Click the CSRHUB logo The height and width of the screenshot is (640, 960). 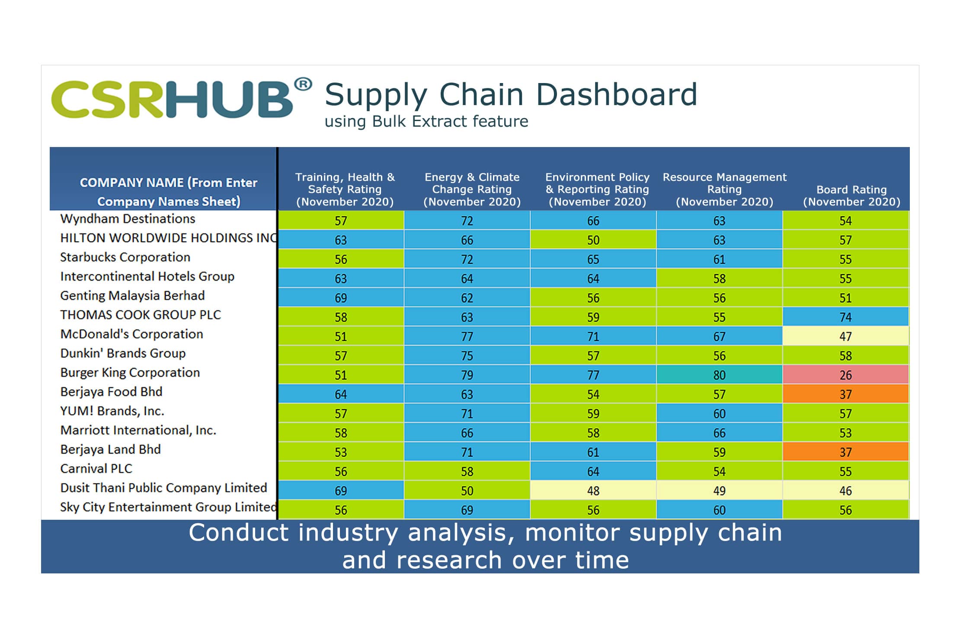point(172,99)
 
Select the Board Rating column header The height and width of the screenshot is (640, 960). point(851,195)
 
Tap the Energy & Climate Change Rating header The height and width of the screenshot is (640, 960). point(472,189)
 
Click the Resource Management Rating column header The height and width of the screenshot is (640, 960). point(724,189)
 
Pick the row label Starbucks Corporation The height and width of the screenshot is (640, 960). point(125,257)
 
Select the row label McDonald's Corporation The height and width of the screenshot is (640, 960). point(131,334)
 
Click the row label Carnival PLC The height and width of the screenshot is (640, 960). point(96,469)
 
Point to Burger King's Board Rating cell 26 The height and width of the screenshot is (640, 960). point(845,375)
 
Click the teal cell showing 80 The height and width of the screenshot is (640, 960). point(719,375)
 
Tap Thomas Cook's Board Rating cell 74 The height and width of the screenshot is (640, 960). point(845,317)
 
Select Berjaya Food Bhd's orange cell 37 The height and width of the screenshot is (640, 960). point(845,394)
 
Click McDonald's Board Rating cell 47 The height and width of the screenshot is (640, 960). point(845,336)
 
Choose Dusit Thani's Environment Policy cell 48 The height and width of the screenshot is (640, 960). point(593,491)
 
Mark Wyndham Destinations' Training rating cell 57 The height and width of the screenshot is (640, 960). point(341,221)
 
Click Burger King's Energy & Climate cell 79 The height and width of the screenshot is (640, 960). point(467,375)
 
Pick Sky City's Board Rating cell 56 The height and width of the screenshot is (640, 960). point(845,510)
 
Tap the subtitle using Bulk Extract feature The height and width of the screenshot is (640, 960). point(426,122)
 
